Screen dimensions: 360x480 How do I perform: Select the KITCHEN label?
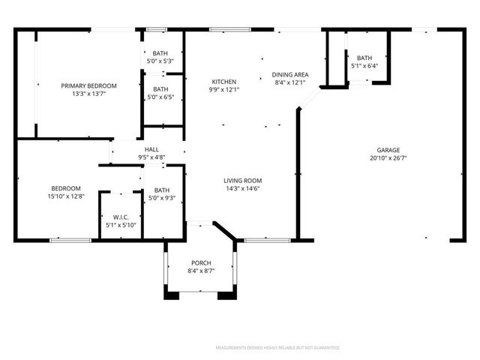[223, 82]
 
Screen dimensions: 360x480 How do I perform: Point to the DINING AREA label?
[289, 74]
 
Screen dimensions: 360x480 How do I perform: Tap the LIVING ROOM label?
[242, 180]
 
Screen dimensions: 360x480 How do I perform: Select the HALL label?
[151, 149]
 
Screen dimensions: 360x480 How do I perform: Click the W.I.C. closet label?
[121, 217]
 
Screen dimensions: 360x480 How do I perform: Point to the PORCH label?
[201, 262]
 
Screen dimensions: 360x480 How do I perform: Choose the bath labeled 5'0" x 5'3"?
[160, 52]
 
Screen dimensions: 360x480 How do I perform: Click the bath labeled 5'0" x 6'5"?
[160, 88]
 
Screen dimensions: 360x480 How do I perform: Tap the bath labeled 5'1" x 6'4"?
[364, 58]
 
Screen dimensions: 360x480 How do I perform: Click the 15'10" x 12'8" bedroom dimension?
[66, 196]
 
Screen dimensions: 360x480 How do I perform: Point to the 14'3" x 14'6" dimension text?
[242, 189]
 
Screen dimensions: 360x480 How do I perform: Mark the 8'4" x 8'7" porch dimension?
[201, 270]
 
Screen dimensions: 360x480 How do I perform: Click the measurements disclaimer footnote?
[277, 348]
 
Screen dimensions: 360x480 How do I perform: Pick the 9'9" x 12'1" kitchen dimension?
[223, 90]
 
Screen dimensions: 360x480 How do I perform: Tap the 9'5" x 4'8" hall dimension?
[151, 157]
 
